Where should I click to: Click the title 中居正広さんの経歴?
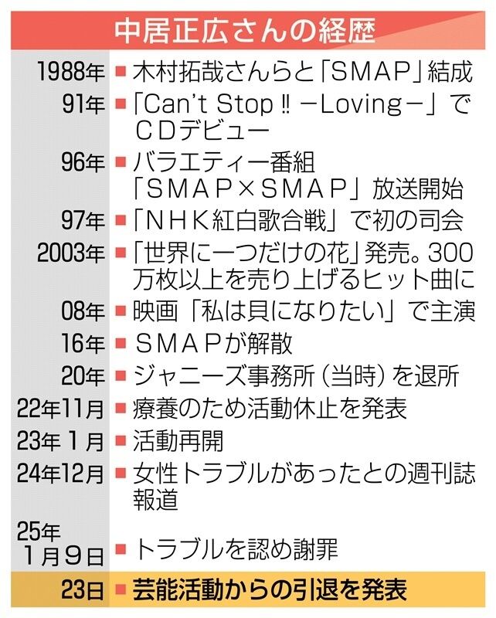coord(246,31)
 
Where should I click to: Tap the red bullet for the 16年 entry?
coord(121,344)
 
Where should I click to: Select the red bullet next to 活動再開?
coord(121,441)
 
